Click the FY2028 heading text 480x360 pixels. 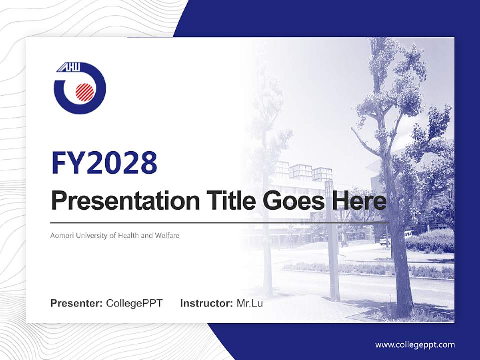point(104,162)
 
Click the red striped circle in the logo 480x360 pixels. point(84,91)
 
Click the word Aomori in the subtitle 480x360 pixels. point(61,235)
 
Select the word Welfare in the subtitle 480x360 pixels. point(167,235)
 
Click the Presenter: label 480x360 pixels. point(77,303)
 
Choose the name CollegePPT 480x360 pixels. point(134,303)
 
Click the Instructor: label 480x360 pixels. point(206,303)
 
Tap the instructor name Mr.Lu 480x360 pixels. point(250,303)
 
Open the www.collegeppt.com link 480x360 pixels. point(415,344)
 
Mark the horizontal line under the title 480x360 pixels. point(220,222)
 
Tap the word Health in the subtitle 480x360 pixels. point(129,235)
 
